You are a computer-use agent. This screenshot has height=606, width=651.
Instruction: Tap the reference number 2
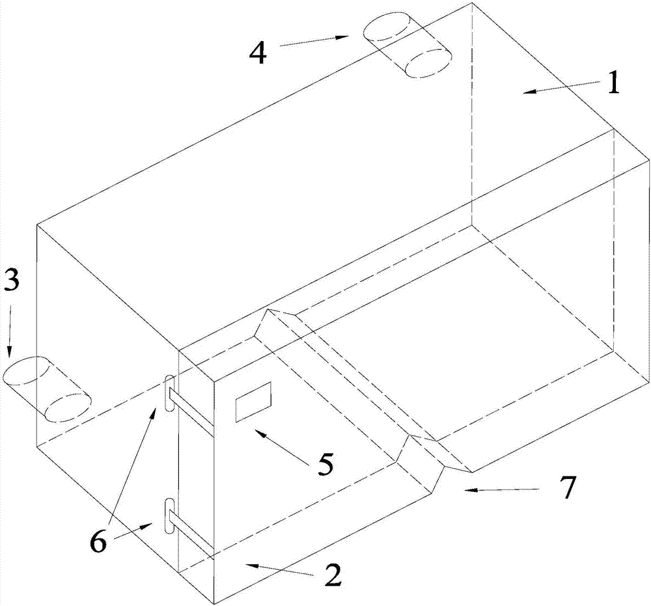(332, 575)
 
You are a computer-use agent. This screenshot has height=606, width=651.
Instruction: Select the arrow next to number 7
(501, 489)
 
